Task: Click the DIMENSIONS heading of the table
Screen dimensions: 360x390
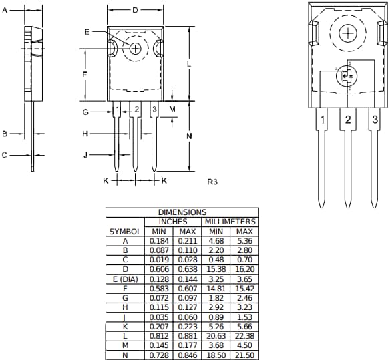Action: click(x=182, y=212)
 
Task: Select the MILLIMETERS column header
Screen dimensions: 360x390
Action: click(x=230, y=221)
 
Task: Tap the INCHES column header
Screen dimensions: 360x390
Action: click(x=172, y=221)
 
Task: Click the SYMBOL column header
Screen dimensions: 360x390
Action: click(x=125, y=231)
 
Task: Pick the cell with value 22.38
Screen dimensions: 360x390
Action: click(x=244, y=335)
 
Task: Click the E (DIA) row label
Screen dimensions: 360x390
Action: click(x=125, y=279)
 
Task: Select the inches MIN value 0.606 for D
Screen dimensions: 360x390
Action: click(x=159, y=269)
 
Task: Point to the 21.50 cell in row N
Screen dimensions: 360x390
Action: click(x=244, y=354)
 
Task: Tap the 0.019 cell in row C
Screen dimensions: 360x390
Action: click(x=159, y=259)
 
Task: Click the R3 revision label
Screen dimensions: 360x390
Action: click(x=212, y=181)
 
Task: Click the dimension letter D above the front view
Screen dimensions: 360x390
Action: click(x=134, y=10)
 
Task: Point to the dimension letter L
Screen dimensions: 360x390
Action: click(x=190, y=63)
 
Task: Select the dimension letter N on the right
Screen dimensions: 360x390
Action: click(x=190, y=136)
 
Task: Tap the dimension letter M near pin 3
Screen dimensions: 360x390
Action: click(x=172, y=108)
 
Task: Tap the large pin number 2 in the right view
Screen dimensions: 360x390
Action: click(x=347, y=120)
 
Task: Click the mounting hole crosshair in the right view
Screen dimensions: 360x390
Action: click(x=348, y=34)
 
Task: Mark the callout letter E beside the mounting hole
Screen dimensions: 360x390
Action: click(x=87, y=32)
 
